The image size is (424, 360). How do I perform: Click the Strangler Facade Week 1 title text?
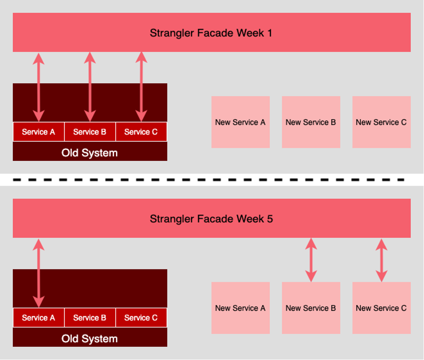[x=211, y=33]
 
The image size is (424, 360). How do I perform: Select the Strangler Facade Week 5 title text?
[x=211, y=219]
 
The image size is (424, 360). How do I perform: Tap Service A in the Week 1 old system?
[x=38, y=132]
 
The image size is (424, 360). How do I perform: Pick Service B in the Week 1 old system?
[x=90, y=132]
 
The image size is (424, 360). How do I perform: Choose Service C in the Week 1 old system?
[x=141, y=132]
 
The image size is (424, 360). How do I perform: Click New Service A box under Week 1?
[x=240, y=122]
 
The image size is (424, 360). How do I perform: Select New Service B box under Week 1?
[x=311, y=122]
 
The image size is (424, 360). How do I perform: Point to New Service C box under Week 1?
[x=381, y=122]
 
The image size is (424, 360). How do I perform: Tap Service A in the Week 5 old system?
[x=38, y=318]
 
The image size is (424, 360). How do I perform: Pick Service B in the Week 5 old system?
[x=90, y=318]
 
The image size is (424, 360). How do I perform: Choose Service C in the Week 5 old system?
[x=141, y=318]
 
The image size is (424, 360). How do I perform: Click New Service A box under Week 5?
[x=240, y=308]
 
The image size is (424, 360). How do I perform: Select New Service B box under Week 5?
[x=311, y=308]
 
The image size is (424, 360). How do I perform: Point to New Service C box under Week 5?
[x=381, y=308]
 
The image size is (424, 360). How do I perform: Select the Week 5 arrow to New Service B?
[x=311, y=260]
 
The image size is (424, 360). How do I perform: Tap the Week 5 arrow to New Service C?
[x=381, y=260]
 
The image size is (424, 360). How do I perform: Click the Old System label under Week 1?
[x=90, y=153]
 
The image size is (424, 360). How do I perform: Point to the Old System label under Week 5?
[x=90, y=339]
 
